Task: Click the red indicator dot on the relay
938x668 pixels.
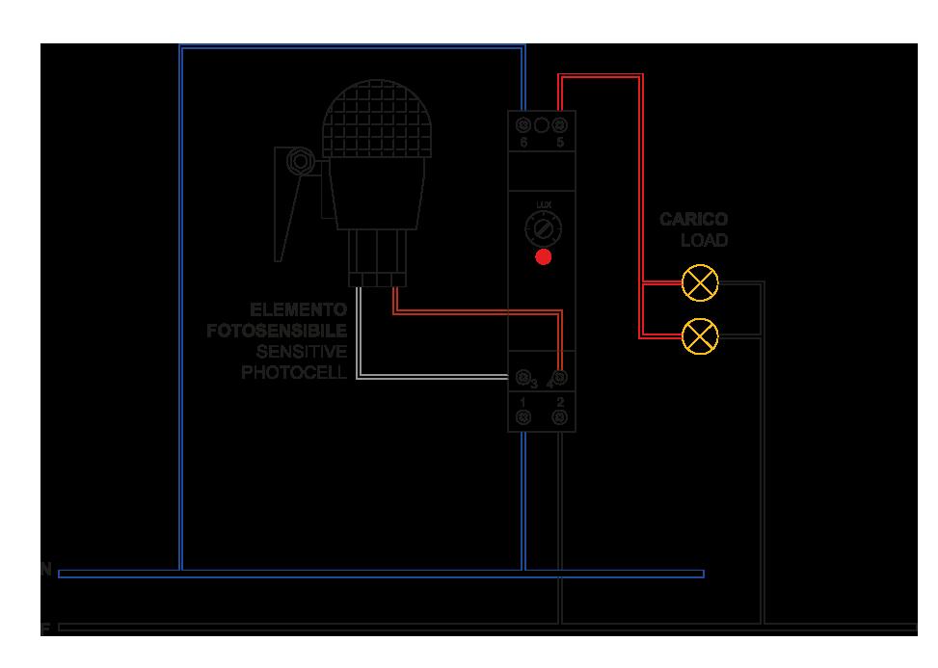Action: [x=544, y=257]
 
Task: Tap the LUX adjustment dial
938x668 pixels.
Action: [x=543, y=229]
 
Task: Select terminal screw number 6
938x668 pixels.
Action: [x=523, y=125]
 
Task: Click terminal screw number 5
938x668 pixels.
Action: [x=559, y=125]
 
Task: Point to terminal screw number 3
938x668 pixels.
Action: [x=523, y=377]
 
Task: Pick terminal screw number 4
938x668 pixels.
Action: [x=560, y=377]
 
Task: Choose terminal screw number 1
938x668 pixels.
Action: [x=523, y=416]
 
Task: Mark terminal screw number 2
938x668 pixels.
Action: [x=560, y=416]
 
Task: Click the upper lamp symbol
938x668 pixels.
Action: [x=700, y=282]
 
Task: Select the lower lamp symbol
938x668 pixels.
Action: [x=700, y=335]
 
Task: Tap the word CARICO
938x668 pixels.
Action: [x=693, y=220]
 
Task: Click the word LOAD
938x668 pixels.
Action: [x=704, y=240]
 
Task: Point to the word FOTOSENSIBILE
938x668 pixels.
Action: [x=277, y=332]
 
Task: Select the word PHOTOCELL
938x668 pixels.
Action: [x=294, y=372]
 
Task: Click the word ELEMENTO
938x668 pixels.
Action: [x=298, y=310]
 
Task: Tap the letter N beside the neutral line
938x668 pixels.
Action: [x=45, y=570]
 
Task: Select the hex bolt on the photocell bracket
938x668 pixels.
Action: [x=299, y=159]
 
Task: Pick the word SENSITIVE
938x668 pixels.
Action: [x=301, y=352]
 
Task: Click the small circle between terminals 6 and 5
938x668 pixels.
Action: [x=542, y=125]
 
